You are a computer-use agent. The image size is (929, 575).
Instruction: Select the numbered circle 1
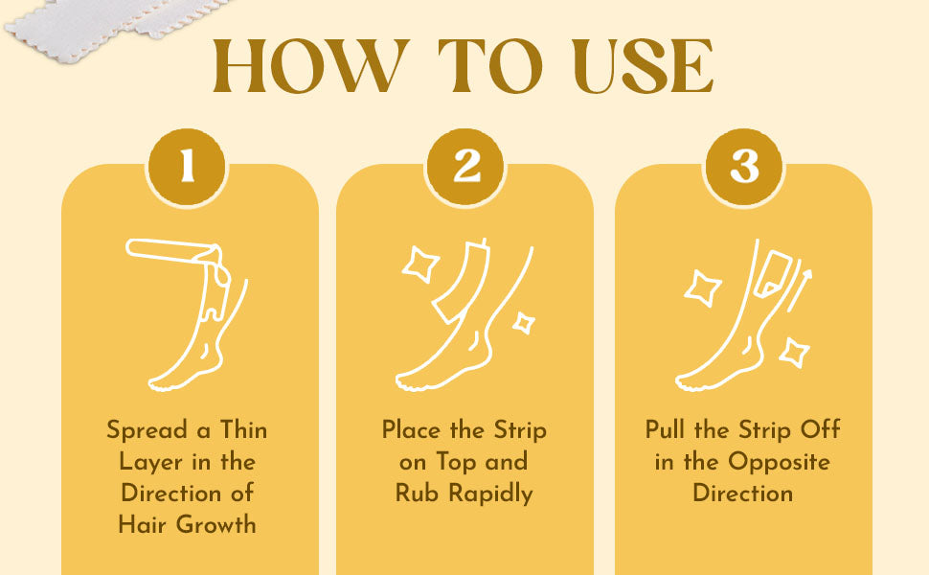pos(187,167)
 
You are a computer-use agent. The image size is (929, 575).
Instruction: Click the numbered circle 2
pos(465,167)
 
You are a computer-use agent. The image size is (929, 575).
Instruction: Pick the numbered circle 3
pos(743,167)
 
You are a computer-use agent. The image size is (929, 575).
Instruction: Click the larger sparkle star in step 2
pos(420,264)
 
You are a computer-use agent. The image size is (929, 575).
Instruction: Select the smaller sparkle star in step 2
pos(524,323)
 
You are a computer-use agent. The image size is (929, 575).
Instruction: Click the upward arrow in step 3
pos(799,290)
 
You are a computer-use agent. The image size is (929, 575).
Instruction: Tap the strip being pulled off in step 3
pos(773,274)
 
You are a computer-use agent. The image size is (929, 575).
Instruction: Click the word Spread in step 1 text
pos(147,430)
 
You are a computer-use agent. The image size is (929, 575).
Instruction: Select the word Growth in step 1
pos(216,524)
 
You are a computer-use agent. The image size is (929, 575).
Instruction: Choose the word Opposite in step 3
pos(779,462)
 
